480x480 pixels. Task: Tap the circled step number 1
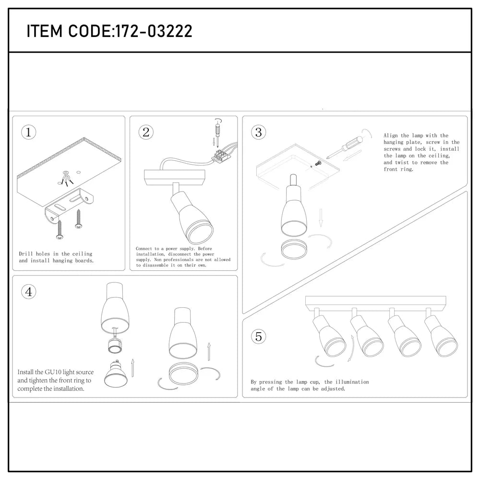[x=29, y=132]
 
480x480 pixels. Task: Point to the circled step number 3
[x=259, y=132]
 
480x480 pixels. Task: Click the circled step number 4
[x=29, y=291]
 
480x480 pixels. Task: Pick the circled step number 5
[x=259, y=336]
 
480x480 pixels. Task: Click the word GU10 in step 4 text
[x=53, y=372]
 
